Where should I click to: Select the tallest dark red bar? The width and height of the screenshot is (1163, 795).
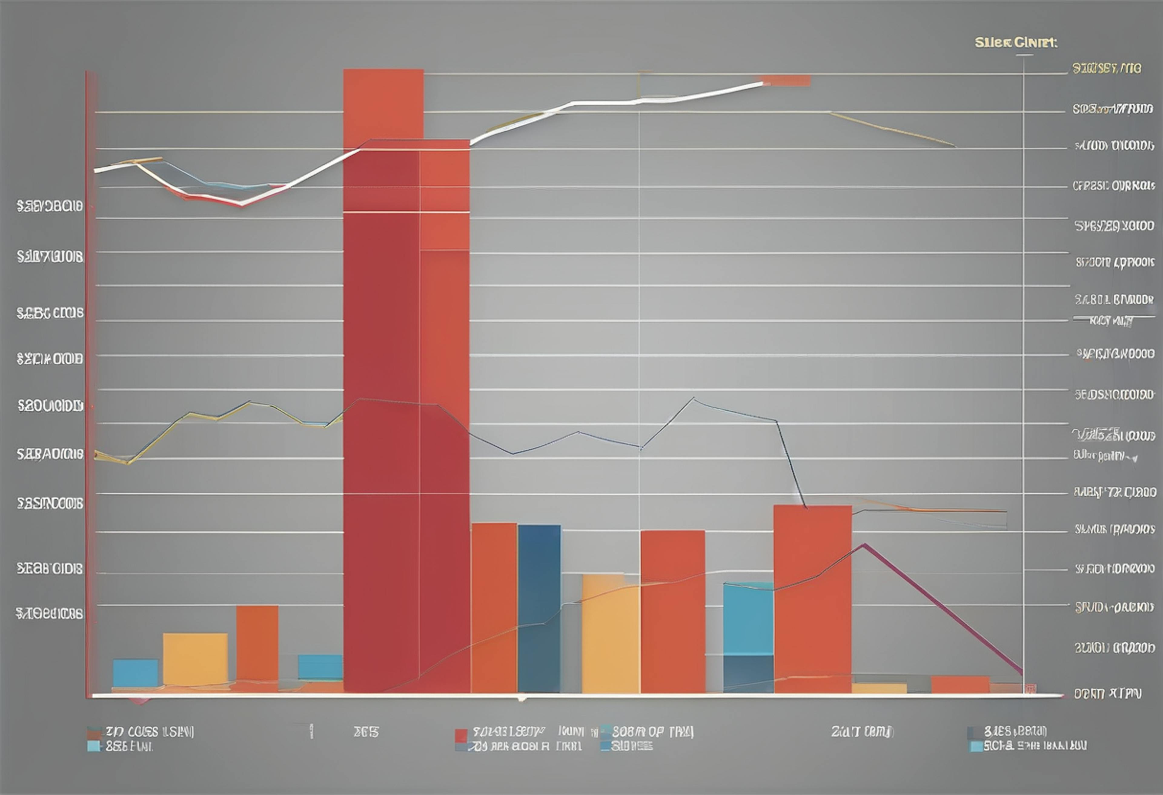[x=381, y=425]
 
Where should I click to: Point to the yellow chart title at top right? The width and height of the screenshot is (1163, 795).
[x=1016, y=43]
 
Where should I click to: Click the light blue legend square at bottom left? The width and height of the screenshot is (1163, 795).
[x=93, y=747]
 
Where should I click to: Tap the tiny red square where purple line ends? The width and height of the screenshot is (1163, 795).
[x=1029, y=689]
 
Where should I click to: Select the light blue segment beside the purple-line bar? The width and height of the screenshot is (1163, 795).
[x=748, y=619]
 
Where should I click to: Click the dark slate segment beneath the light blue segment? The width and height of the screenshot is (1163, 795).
[x=748, y=674]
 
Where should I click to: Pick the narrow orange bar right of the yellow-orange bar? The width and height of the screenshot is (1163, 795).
[x=257, y=645]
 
